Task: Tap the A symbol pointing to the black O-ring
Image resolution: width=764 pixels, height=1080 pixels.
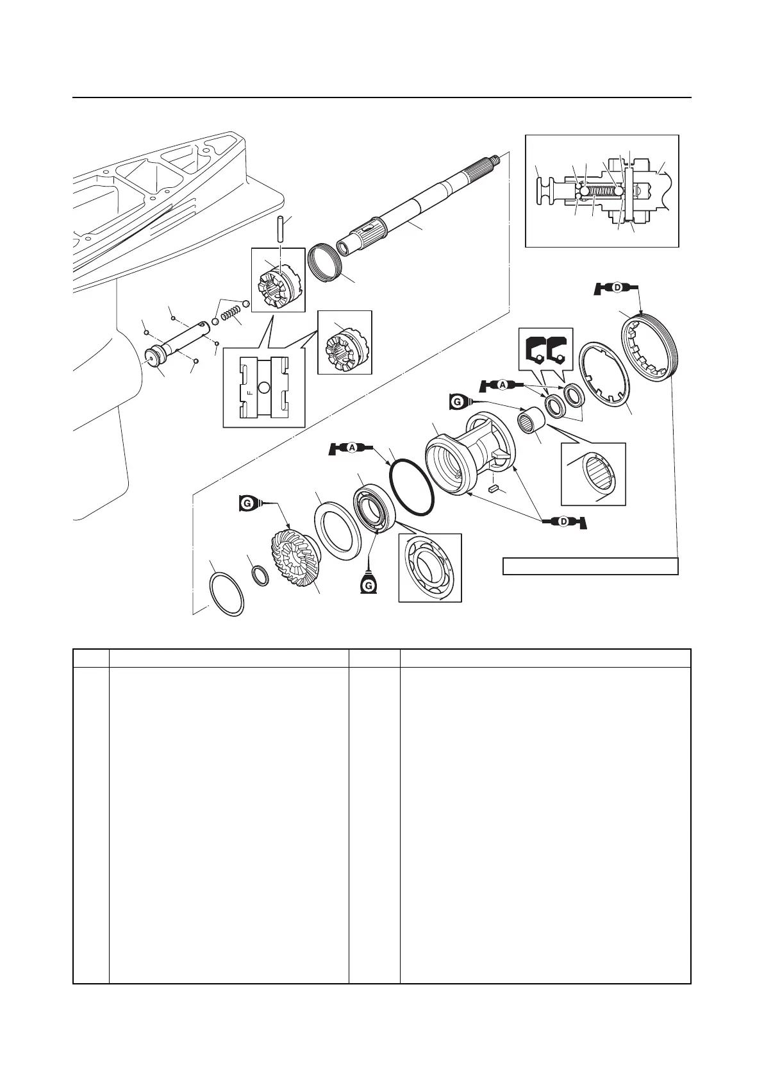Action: pyautogui.click(x=352, y=448)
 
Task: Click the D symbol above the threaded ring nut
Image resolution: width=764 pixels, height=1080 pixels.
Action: pyautogui.click(x=617, y=288)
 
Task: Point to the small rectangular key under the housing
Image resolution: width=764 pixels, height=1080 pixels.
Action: pyautogui.click(x=494, y=489)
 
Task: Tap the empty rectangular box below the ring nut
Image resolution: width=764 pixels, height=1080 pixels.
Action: pyautogui.click(x=590, y=566)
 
